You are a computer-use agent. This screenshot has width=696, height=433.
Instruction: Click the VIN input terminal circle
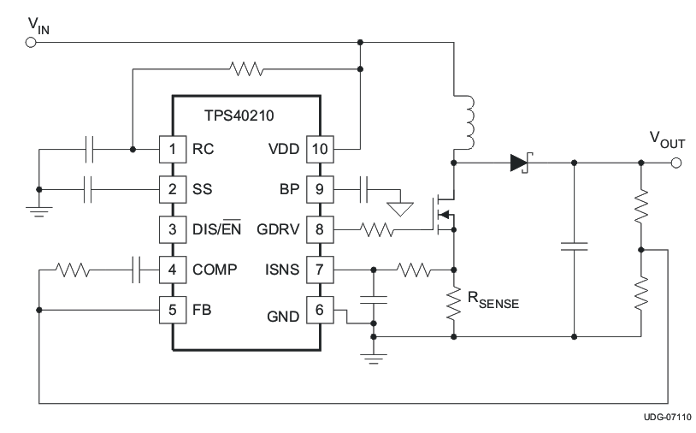pyautogui.click(x=32, y=41)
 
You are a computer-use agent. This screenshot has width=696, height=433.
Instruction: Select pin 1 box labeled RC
pyautogui.click(x=173, y=149)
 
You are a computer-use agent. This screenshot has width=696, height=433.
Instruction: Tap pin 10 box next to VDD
pyautogui.click(x=318, y=149)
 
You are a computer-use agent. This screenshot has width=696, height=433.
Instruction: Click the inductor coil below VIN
pyautogui.click(x=469, y=120)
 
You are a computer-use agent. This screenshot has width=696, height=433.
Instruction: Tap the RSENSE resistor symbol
pyautogui.click(x=453, y=306)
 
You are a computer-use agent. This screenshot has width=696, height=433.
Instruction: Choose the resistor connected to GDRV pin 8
pyautogui.click(x=377, y=230)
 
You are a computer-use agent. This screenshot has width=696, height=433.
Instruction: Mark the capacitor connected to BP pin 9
pyautogui.click(x=365, y=189)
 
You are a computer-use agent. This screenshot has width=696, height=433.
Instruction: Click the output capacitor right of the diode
pyautogui.click(x=574, y=246)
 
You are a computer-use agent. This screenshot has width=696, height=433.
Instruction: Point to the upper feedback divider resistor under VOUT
pyautogui.click(x=640, y=207)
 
